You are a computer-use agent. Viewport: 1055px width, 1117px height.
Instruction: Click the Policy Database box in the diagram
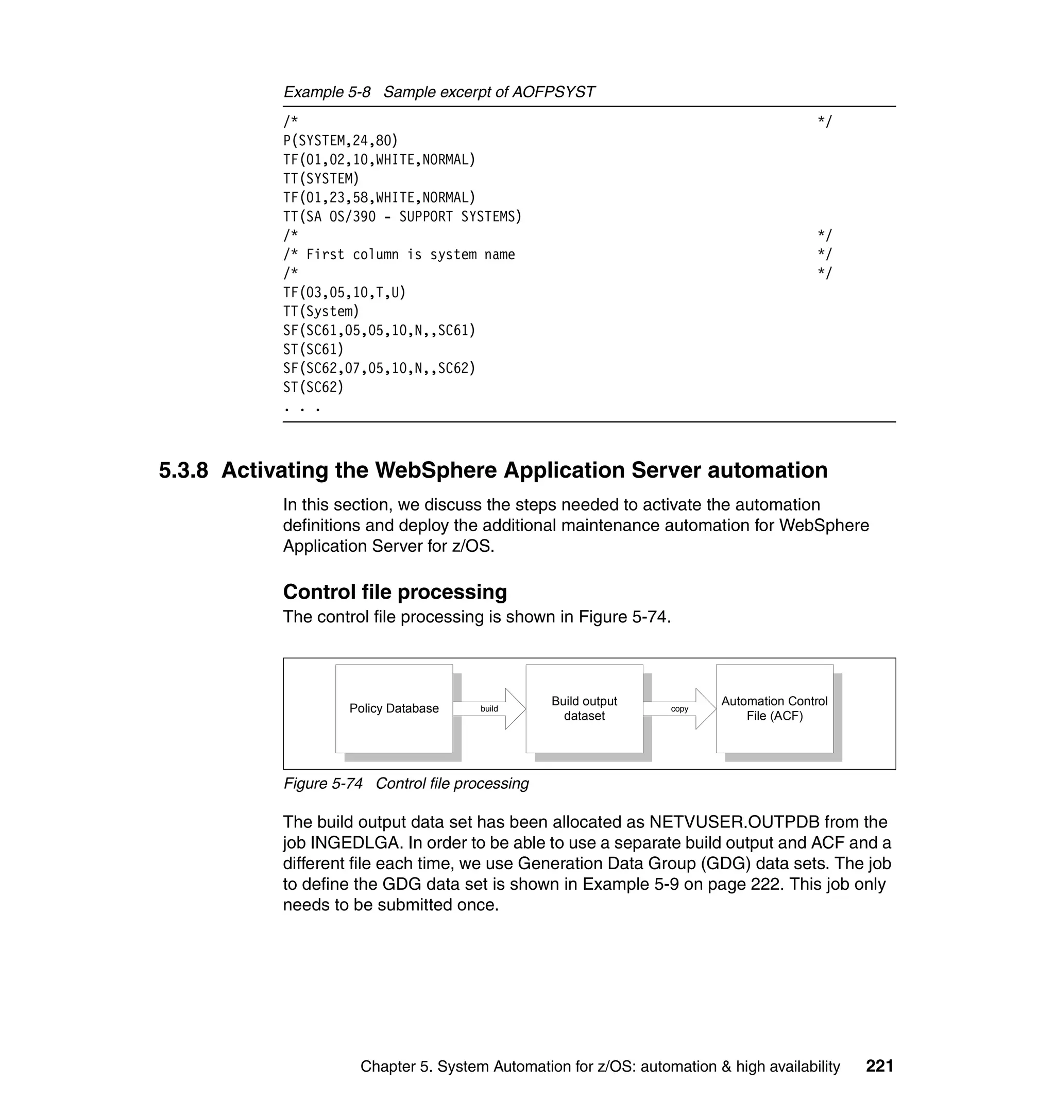(394, 708)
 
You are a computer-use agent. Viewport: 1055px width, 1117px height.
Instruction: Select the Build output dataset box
(584, 708)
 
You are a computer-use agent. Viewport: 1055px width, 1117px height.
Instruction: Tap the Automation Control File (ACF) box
(774, 708)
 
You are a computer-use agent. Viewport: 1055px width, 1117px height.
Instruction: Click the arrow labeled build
(489, 708)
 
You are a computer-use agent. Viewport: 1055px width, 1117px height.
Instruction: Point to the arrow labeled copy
(679, 708)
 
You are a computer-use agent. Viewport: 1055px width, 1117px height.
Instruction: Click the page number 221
(879, 1066)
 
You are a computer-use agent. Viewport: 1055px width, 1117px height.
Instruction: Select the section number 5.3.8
(183, 470)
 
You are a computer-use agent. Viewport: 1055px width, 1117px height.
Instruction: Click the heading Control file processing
(395, 591)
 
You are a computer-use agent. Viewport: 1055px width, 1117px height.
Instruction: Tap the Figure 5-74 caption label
(323, 784)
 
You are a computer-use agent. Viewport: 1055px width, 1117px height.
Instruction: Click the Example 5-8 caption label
(327, 92)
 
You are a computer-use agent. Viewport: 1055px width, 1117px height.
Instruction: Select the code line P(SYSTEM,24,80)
(340, 140)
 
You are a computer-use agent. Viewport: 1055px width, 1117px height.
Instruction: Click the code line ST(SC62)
(313, 387)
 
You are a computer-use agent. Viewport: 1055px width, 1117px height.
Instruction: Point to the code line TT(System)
(321, 311)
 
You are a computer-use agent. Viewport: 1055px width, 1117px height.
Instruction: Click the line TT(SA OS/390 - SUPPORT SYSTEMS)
(402, 216)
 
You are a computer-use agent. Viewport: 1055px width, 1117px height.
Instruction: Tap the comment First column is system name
(411, 254)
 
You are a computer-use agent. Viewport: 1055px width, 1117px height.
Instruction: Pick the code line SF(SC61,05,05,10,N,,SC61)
(379, 330)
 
